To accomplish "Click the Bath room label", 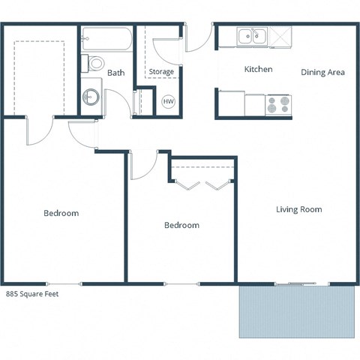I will tap(115, 73).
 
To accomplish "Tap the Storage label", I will tap(161, 72).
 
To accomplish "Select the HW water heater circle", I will tap(168, 101).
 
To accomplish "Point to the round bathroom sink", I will tap(91, 96).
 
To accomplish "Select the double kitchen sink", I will tap(252, 35).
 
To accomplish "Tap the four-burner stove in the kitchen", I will tap(278, 104).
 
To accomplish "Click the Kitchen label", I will tap(258, 70).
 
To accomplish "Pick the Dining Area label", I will tap(322, 72).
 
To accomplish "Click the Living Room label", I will tap(298, 209).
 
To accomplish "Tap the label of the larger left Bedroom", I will tap(61, 214).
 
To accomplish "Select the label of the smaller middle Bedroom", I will tap(181, 225).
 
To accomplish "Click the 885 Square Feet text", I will tap(31, 295).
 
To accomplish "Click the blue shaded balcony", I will tap(296, 311).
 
